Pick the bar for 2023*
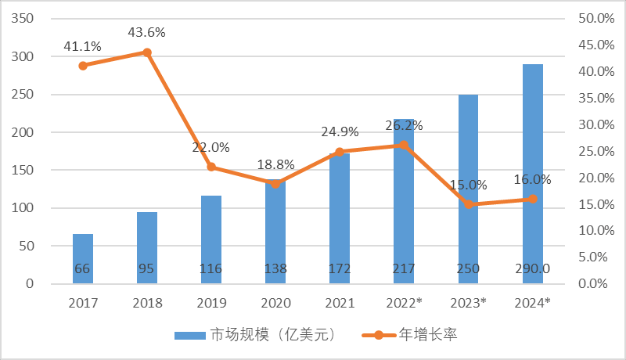(469, 157)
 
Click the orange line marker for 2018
(147, 52)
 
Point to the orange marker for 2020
(275, 183)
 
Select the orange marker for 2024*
(533, 199)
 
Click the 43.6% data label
(147, 32)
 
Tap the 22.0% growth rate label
(211, 147)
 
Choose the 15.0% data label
(469, 185)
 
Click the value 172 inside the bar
(340, 269)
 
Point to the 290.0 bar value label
(533, 269)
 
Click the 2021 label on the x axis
(340, 302)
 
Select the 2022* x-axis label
(404, 302)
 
